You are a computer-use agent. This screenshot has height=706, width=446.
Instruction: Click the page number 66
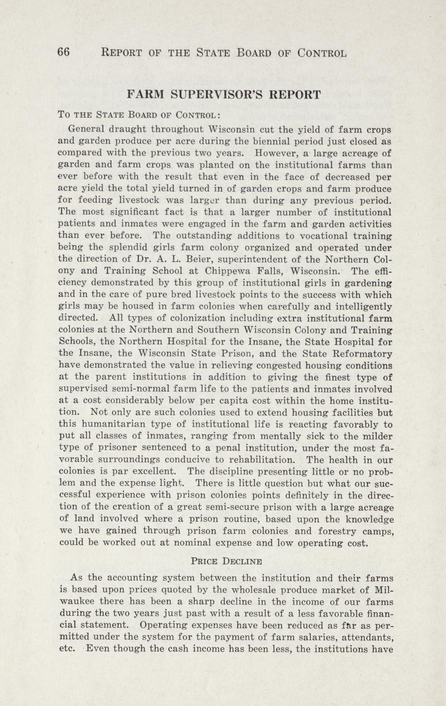pos(64,53)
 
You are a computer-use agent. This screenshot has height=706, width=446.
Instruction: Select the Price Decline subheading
pos(226,561)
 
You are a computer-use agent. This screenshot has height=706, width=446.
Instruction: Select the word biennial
pos(235,141)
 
